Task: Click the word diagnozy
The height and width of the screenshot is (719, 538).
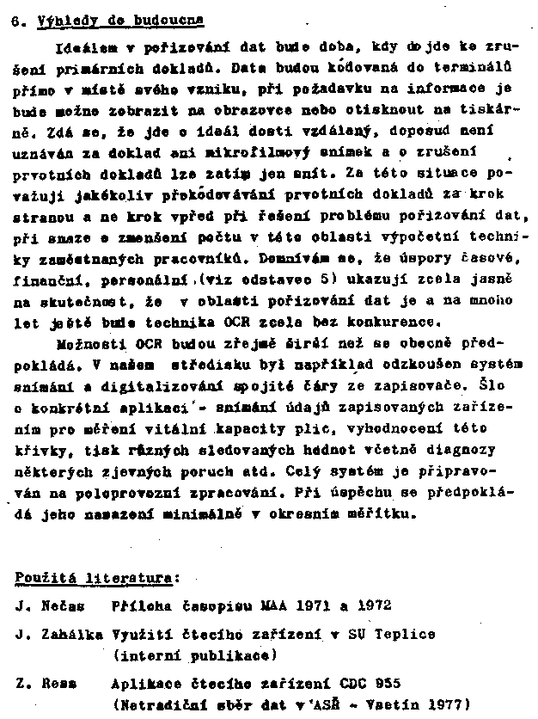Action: click(x=464, y=449)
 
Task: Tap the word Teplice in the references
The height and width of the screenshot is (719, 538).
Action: click(x=404, y=634)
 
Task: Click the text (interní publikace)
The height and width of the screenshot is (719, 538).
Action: click(x=194, y=654)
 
